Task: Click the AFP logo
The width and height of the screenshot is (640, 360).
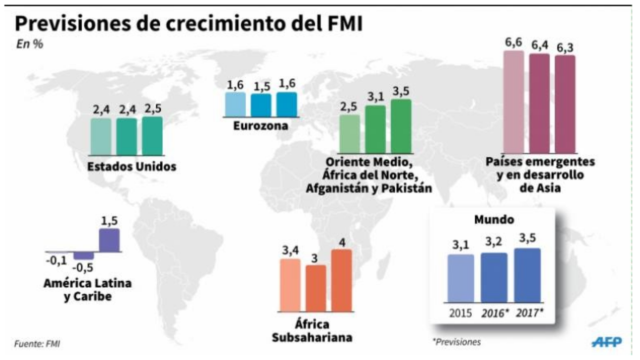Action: pyautogui.click(x=607, y=342)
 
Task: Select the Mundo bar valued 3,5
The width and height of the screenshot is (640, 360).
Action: pyautogui.click(x=527, y=275)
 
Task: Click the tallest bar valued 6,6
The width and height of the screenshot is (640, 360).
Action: pyautogui.click(x=514, y=101)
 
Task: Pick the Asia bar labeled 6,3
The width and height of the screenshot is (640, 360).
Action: pyautogui.click(x=565, y=104)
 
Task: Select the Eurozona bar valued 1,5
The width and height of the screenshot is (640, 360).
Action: pyautogui.click(x=261, y=105)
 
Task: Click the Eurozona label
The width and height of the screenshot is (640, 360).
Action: pyautogui.click(x=260, y=126)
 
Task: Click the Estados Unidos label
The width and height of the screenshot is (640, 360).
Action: pyautogui.click(x=132, y=166)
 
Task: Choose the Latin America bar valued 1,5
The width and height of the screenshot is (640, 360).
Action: pyautogui.click(x=109, y=240)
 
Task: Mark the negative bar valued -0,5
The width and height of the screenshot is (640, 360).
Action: pyautogui.click(x=84, y=255)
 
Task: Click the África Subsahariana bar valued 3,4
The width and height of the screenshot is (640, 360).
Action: pyautogui.click(x=290, y=284)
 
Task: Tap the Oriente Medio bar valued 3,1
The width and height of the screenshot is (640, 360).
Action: pyautogui.click(x=375, y=129)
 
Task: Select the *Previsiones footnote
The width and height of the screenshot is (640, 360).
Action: pyautogui.click(x=456, y=342)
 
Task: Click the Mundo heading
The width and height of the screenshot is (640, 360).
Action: pyautogui.click(x=494, y=220)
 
